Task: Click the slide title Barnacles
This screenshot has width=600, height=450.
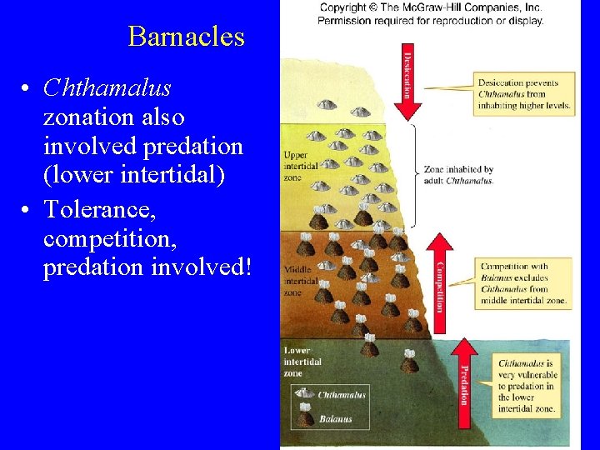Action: coord(187,37)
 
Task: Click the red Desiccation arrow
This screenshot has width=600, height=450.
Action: coord(408,79)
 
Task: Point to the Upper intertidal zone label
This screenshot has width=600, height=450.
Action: coord(301,166)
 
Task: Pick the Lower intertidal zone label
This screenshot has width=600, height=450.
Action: coord(302,362)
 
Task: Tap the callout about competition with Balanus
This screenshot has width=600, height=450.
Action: coord(522,283)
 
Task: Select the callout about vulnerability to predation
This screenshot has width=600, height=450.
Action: coord(527,386)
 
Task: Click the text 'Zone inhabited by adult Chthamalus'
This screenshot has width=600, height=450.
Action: coord(458,175)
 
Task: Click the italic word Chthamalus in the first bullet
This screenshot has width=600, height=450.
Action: coord(107,87)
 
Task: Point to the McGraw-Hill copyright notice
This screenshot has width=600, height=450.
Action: coord(430,14)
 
